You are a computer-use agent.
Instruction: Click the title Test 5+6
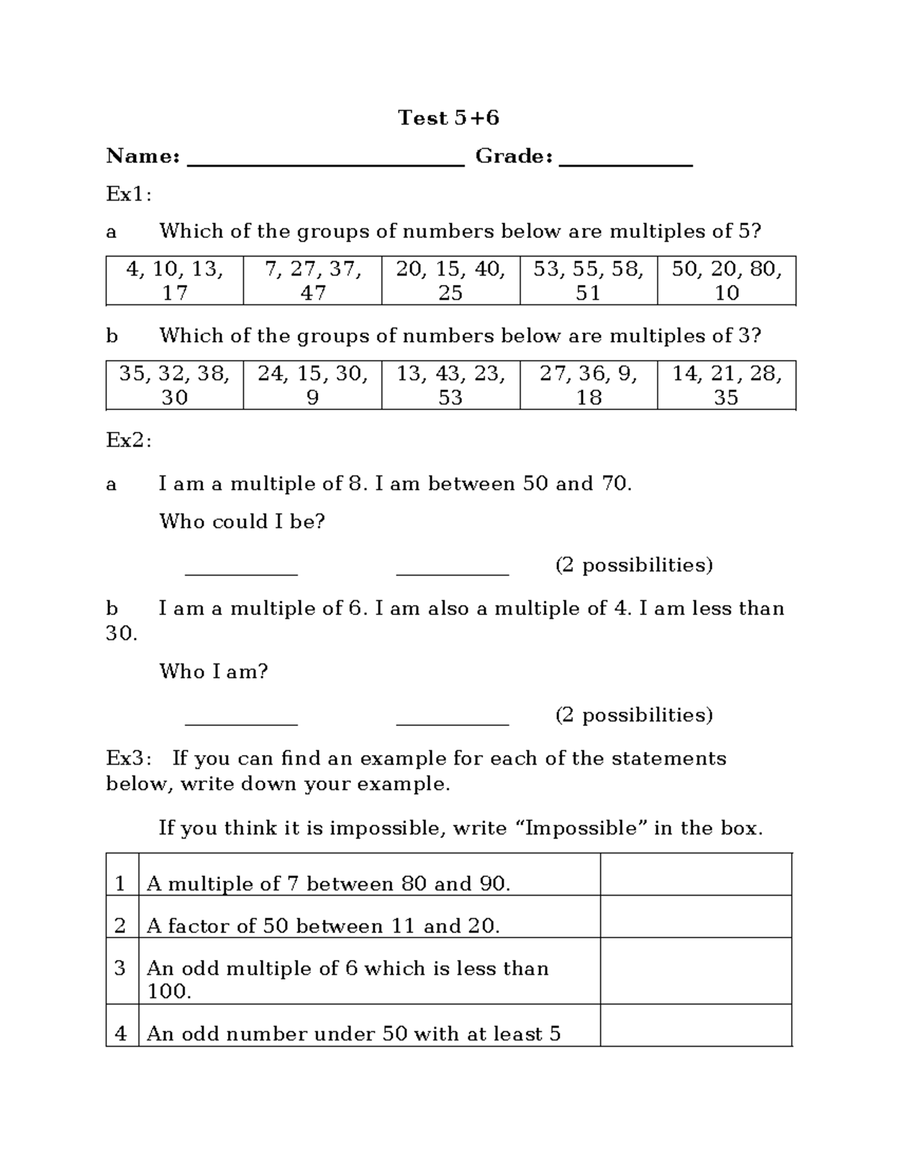click(x=448, y=117)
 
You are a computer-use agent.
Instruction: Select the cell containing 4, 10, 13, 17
click(x=174, y=281)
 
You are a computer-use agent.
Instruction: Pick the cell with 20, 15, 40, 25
click(x=450, y=281)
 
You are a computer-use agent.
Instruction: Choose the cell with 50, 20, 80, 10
click(x=726, y=281)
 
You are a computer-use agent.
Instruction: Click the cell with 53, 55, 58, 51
click(x=588, y=281)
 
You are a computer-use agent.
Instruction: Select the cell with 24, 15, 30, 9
click(x=312, y=385)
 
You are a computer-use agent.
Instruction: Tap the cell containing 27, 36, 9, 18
click(x=588, y=385)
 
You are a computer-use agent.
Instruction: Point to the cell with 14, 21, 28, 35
click(x=726, y=385)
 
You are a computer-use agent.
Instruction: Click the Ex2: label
click(x=129, y=441)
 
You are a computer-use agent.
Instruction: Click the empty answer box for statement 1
click(x=695, y=875)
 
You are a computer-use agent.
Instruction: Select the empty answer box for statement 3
click(x=695, y=970)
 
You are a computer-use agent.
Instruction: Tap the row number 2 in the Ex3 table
click(x=120, y=926)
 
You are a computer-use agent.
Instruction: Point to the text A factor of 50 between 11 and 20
click(x=323, y=926)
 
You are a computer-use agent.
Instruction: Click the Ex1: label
click(x=129, y=195)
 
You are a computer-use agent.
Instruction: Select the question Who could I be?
click(x=242, y=522)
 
